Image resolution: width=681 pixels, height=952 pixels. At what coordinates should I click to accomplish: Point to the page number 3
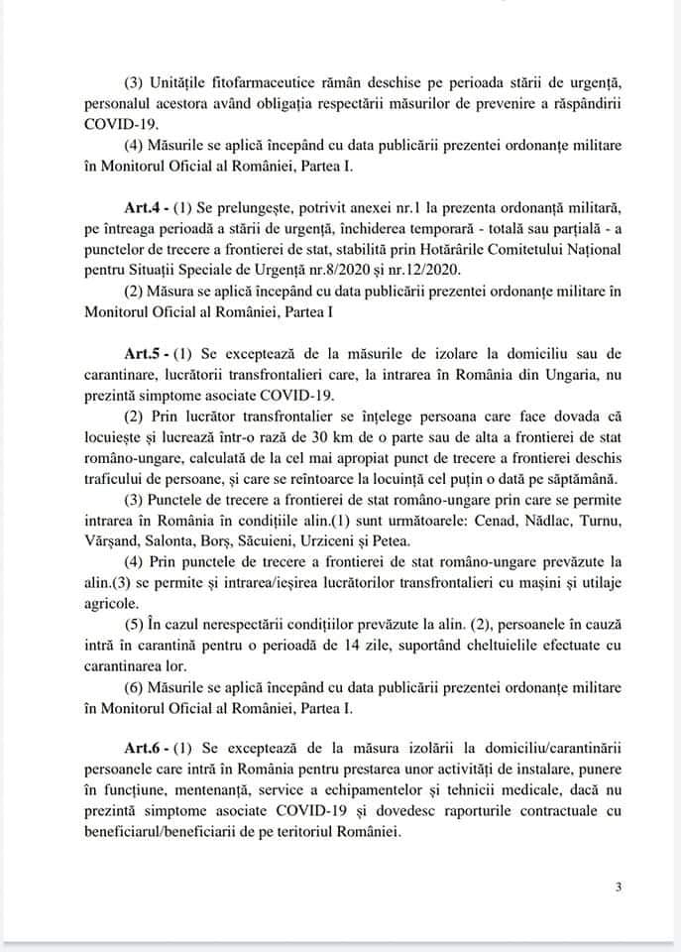tap(618, 887)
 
